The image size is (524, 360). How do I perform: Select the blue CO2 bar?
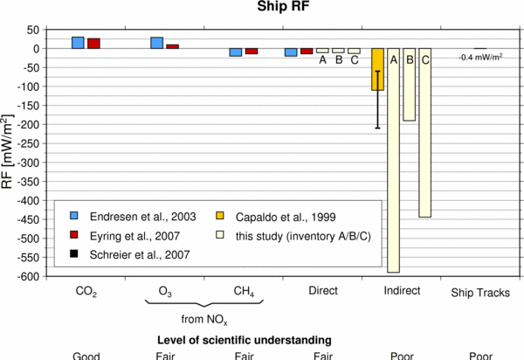(x=78, y=43)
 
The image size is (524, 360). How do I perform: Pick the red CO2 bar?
(x=93, y=44)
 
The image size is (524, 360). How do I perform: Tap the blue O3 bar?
(x=157, y=43)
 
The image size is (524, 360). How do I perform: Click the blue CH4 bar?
(x=236, y=52)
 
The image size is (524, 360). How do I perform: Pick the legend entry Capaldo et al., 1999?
(x=289, y=215)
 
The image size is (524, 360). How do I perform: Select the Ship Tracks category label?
(x=479, y=293)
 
